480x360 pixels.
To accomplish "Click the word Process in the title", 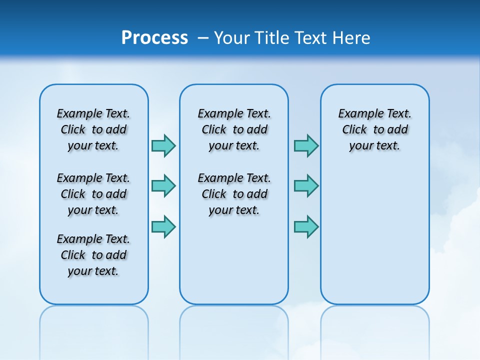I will [154, 38].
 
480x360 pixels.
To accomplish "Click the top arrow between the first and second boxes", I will [163, 145].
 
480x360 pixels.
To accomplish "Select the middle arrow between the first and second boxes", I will [163, 186].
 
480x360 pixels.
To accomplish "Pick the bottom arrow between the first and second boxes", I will [163, 226].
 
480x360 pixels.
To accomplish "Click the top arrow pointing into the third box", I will [306, 145].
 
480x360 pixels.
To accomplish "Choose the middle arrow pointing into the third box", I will [306, 186].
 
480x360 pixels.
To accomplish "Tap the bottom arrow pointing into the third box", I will [306, 226].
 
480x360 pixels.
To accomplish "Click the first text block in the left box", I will [93, 129].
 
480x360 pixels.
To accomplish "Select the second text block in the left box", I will [93, 194].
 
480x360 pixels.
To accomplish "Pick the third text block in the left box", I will [93, 255].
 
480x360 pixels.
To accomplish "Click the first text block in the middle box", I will [234, 129].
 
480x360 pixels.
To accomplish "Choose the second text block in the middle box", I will [234, 194].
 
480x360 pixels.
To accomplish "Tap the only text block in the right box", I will [374, 129].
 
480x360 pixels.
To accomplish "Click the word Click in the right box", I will [354, 129].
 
